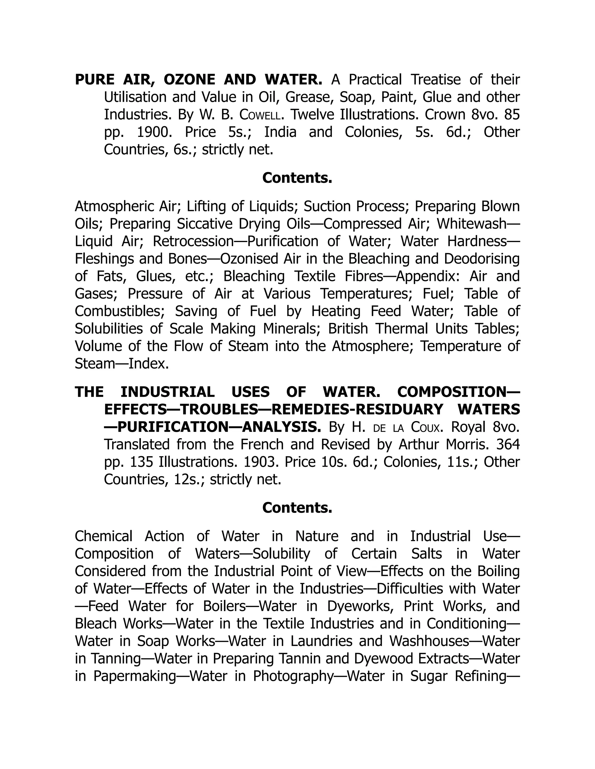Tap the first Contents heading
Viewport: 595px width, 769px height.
coord(297,178)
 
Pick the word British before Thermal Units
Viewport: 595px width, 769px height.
coord(348,329)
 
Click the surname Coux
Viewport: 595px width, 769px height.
coord(425,427)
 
